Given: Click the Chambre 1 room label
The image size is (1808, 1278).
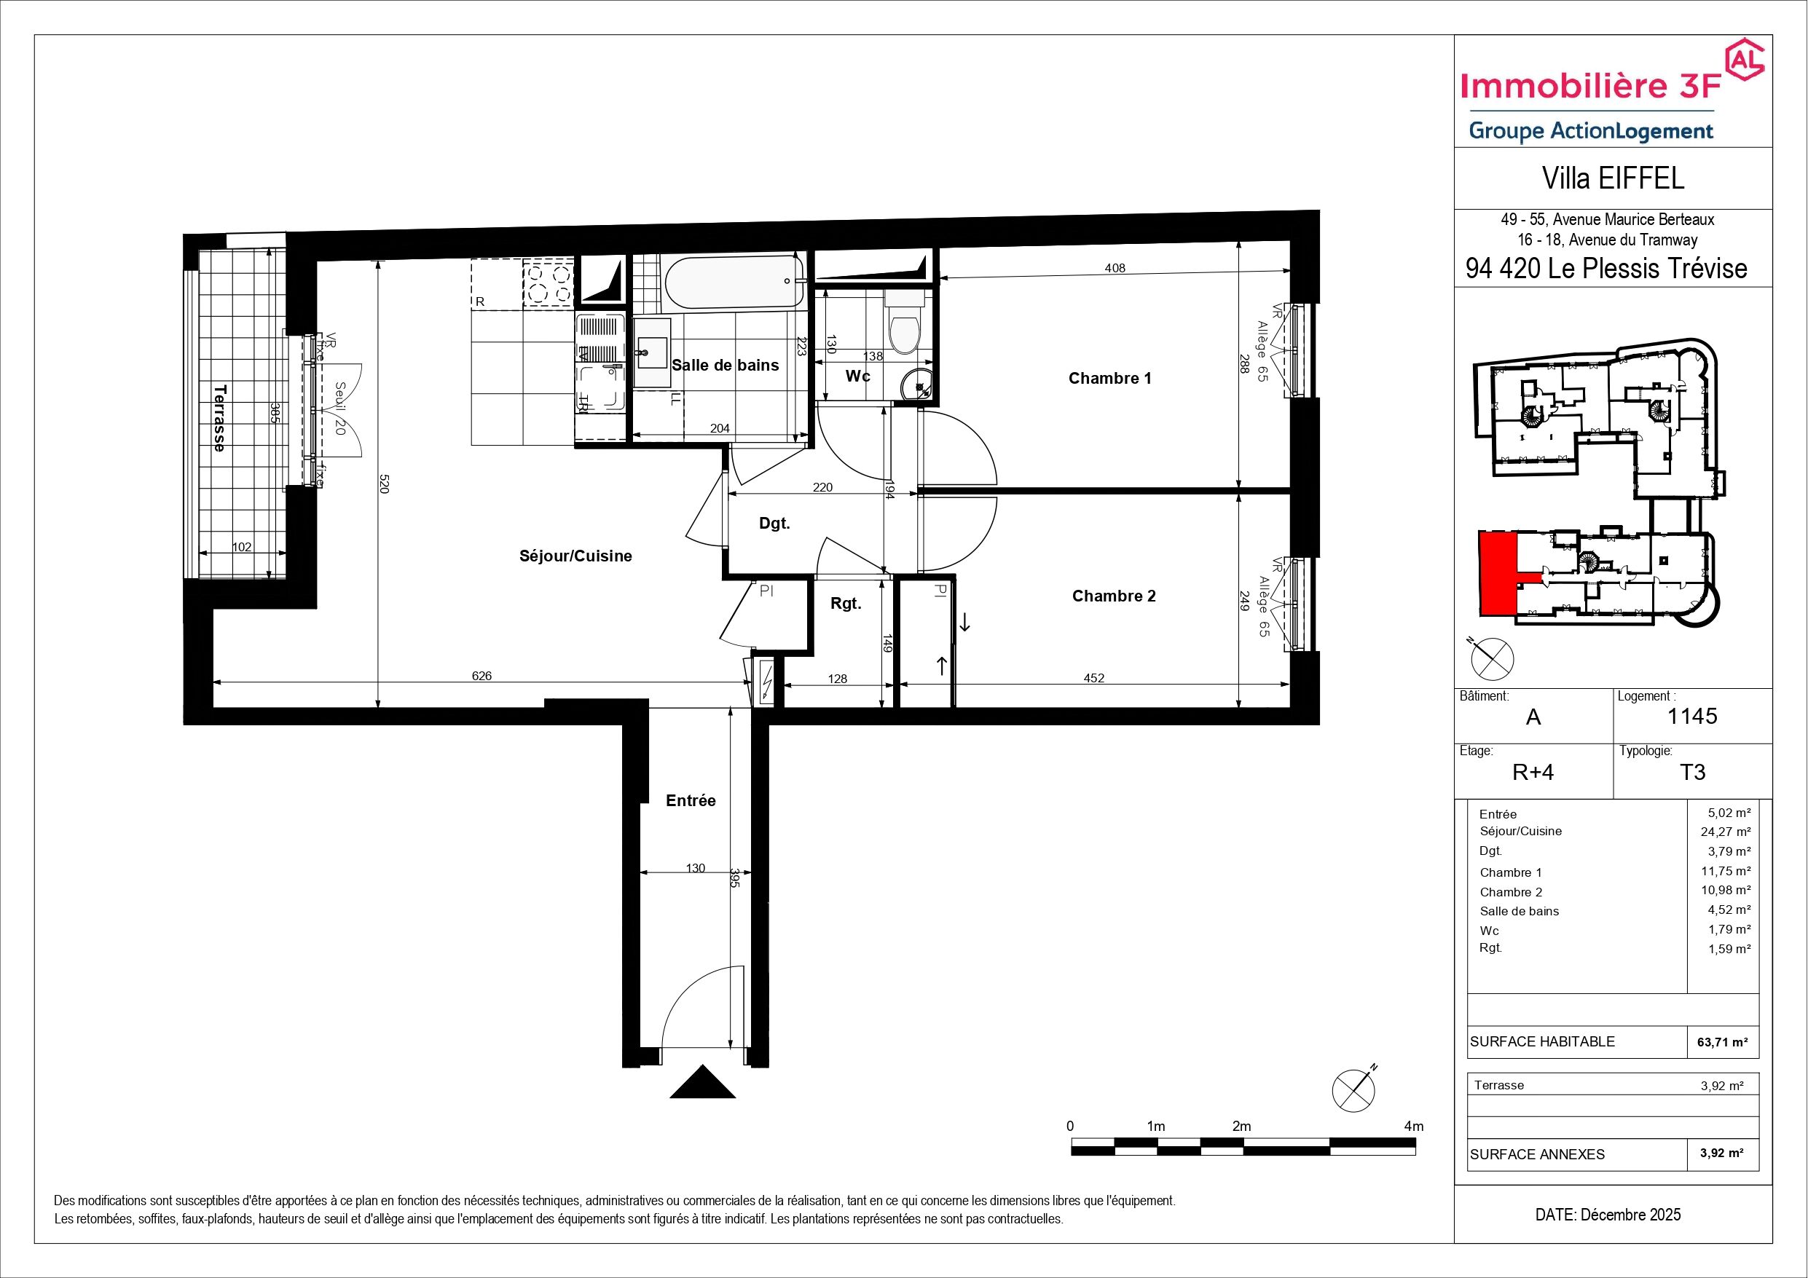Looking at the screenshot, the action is pos(1109,379).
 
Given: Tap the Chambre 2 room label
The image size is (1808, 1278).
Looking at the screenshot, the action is pos(1114,596).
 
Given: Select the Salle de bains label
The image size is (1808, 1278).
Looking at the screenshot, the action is pos(725,366).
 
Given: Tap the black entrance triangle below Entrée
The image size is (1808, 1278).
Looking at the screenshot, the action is pos(702,1081).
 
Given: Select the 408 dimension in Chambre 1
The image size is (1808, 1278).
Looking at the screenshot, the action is pos(1115,268).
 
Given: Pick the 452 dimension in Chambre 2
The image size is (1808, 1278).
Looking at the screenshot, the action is pos(1094,678).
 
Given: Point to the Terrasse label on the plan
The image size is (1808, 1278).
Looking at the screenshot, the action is pos(220,417).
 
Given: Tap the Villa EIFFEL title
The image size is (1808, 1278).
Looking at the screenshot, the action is pos(1614,178).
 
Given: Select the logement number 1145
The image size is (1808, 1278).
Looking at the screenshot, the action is pos(1692,716).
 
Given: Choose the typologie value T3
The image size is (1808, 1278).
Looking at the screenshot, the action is pos(1692,772).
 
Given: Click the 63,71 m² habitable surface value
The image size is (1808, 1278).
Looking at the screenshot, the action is pos(1722,1042).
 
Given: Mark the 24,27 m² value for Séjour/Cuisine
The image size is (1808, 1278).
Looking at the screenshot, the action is pos(1724,832).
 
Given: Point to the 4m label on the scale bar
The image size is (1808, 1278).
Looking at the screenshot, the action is pos(1413,1126).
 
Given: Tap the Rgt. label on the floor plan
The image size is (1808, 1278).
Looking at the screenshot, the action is pos(846,604).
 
